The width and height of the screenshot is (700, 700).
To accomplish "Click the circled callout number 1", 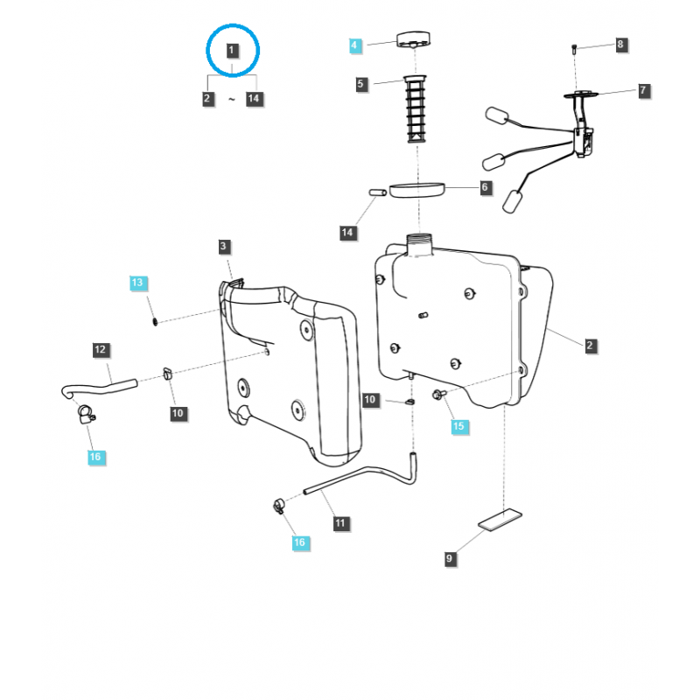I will point(232,51).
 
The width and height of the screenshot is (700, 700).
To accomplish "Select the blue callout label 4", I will point(354,45).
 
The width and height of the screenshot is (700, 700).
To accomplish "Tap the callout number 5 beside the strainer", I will point(361,84).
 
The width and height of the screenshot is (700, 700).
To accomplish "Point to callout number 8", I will point(620,45).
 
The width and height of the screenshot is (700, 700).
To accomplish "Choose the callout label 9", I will point(450,558).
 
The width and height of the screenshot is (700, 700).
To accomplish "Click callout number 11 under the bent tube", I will point(340,523).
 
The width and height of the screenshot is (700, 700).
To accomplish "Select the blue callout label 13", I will point(138,283).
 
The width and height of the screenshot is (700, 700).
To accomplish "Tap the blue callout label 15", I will point(459,426).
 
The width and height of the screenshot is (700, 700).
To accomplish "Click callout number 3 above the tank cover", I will point(224,248).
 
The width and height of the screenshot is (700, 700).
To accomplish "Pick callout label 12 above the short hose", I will point(101,350).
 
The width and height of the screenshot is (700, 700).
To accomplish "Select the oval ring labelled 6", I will point(416,190).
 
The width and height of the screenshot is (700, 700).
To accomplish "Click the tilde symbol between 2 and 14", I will point(232,100).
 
